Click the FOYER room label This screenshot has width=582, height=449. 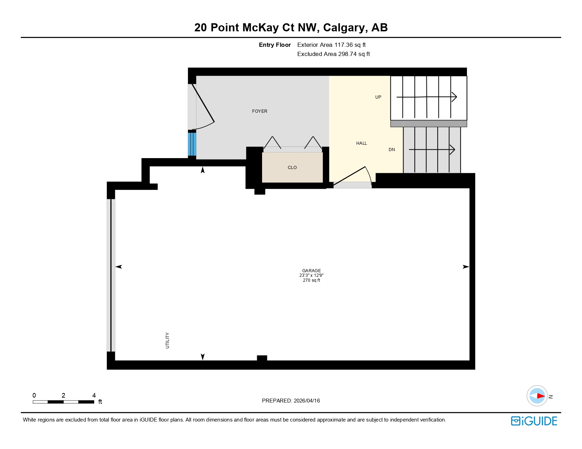pyautogui.click(x=260, y=111)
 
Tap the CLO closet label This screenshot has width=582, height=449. pyautogui.click(x=292, y=168)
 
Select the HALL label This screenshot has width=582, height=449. pyautogui.click(x=362, y=143)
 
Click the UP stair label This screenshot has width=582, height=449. pyautogui.click(x=378, y=97)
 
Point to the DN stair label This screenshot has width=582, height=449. pyautogui.click(x=392, y=150)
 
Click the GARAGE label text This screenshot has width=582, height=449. pyautogui.click(x=311, y=271)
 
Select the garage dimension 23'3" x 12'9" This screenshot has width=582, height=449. pyautogui.click(x=311, y=275)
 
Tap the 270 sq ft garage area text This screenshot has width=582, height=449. pyautogui.click(x=311, y=280)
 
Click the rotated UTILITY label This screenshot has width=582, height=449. pyautogui.click(x=168, y=341)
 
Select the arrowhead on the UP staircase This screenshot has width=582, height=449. pyautogui.click(x=454, y=97)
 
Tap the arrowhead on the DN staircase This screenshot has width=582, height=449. pyautogui.click(x=453, y=150)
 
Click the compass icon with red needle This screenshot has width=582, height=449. pyautogui.click(x=537, y=396)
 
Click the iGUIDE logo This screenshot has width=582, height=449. pyautogui.click(x=534, y=421)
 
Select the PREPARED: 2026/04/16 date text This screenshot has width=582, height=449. pyautogui.click(x=291, y=401)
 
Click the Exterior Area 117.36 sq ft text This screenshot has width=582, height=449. pyautogui.click(x=331, y=45)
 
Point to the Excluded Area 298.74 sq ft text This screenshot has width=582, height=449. pyautogui.click(x=333, y=54)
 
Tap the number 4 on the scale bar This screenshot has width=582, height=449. pyautogui.click(x=94, y=395)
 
